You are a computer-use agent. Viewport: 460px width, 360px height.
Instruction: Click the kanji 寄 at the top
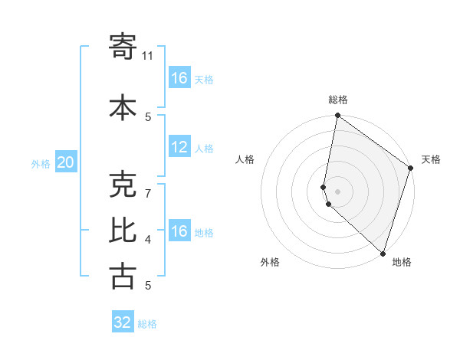(123, 47)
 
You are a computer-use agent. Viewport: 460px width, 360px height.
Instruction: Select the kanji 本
(123, 107)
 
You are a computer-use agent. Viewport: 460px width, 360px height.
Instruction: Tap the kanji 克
(123, 184)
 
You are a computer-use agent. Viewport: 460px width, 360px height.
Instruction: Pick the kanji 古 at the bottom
(123, 276)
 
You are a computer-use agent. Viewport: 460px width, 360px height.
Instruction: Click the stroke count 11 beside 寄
(148, 56)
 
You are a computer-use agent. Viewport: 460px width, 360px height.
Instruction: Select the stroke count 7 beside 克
(148, 185)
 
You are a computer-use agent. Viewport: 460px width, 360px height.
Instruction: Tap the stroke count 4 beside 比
(148, 240)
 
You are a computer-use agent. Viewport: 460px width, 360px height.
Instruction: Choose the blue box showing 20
(66, 162)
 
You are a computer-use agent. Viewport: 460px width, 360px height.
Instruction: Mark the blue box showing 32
(123, 322)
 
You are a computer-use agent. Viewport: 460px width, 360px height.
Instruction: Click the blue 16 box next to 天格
(179, 78)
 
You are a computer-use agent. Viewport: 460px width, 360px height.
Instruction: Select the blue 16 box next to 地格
(179, 231)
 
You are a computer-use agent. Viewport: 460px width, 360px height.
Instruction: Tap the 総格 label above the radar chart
(338, 100)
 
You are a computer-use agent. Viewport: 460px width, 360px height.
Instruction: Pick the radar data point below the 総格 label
(337, 116)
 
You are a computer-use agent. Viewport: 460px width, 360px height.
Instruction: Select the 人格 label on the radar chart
(245, 159)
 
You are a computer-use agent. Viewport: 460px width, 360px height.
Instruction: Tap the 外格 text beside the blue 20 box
(41, 163)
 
